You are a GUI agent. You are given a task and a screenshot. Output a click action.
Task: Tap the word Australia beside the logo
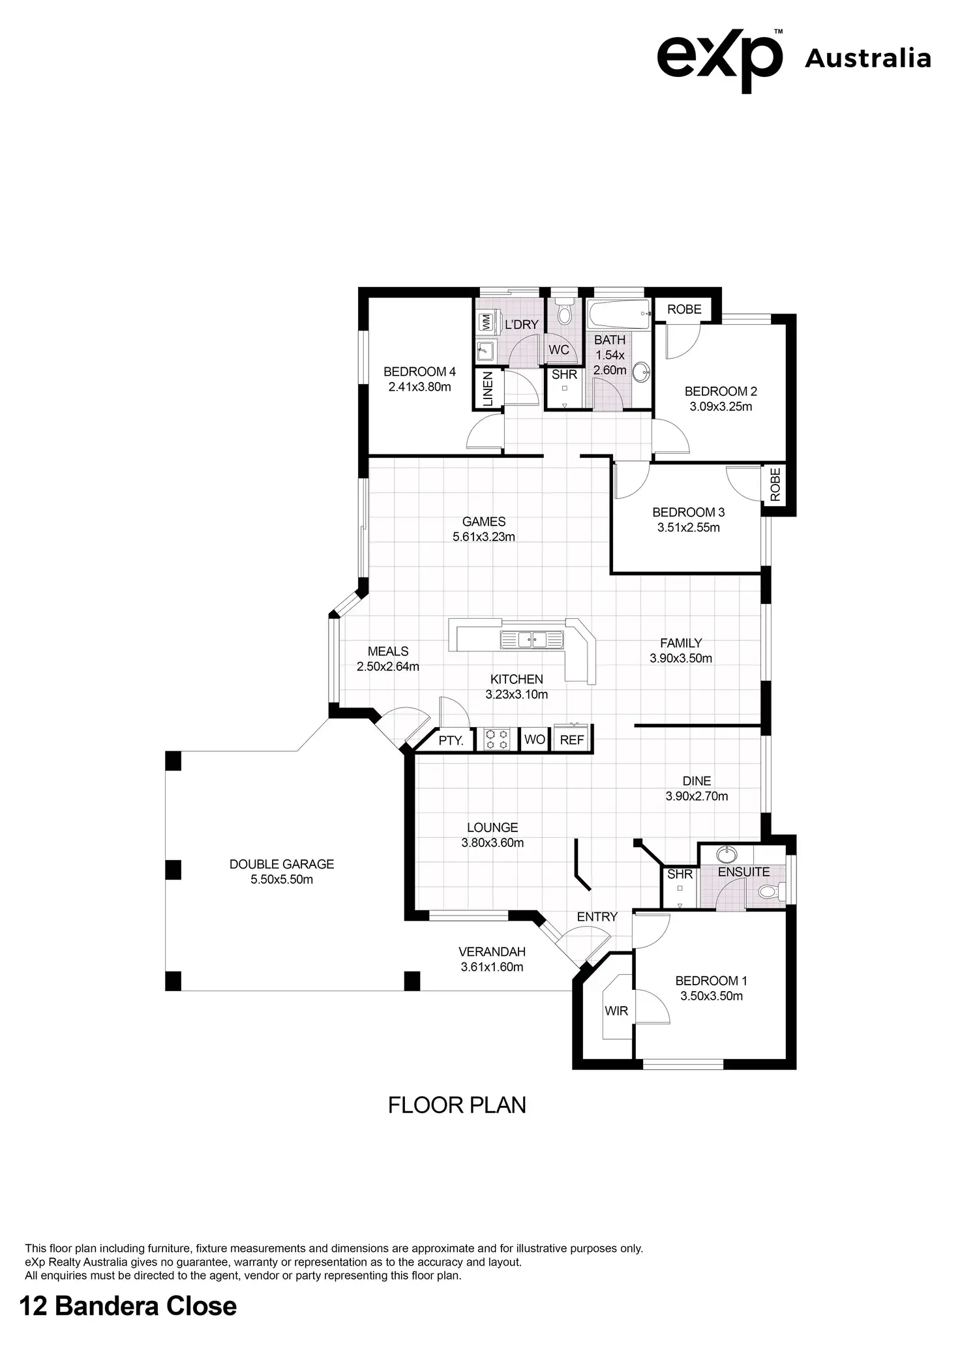pyautogui.click(x=867, y=59)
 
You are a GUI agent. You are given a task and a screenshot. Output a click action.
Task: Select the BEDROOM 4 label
pyautogui.click(x=419, y=372)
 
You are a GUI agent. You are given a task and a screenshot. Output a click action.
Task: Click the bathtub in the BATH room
pyautogui.click(x=618, y=315)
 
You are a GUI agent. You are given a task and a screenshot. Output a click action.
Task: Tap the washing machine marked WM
pyautogui.click(x=485, y=321)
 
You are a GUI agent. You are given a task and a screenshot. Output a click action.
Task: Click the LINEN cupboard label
pyautogui.click(x=488, y=389)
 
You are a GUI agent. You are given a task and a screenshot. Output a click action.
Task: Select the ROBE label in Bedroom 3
pyautogui.click(x=775, y=485)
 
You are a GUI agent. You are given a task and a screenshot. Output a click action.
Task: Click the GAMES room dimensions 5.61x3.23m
pyautogui.click(x=484, y=537)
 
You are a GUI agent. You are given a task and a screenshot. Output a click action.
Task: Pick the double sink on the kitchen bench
pyautogui.click(x=532, y=639)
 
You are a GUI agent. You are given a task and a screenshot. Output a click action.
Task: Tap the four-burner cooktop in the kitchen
pyautogui.click(x=497, y=739)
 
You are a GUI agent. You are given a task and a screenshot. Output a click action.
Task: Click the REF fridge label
pyautogui.click(x=572, y=740)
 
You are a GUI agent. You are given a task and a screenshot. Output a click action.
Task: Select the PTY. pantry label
pyautogui.click(x=451, y=741)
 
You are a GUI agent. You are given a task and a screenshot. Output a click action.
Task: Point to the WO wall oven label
pyautogui.click(x=535, y=739)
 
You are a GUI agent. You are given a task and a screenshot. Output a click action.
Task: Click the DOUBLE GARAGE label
pyautogui.click(x=282, y=864)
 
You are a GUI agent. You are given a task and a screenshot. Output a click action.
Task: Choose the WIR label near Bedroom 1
pyautogui.click(x=616, y=1011)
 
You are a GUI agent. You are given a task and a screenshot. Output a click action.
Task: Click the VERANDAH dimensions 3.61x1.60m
pyautogui.click(x=492, y=967)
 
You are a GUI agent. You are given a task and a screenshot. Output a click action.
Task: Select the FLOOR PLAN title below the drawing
pyautogui.click(x=457, y=1105)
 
